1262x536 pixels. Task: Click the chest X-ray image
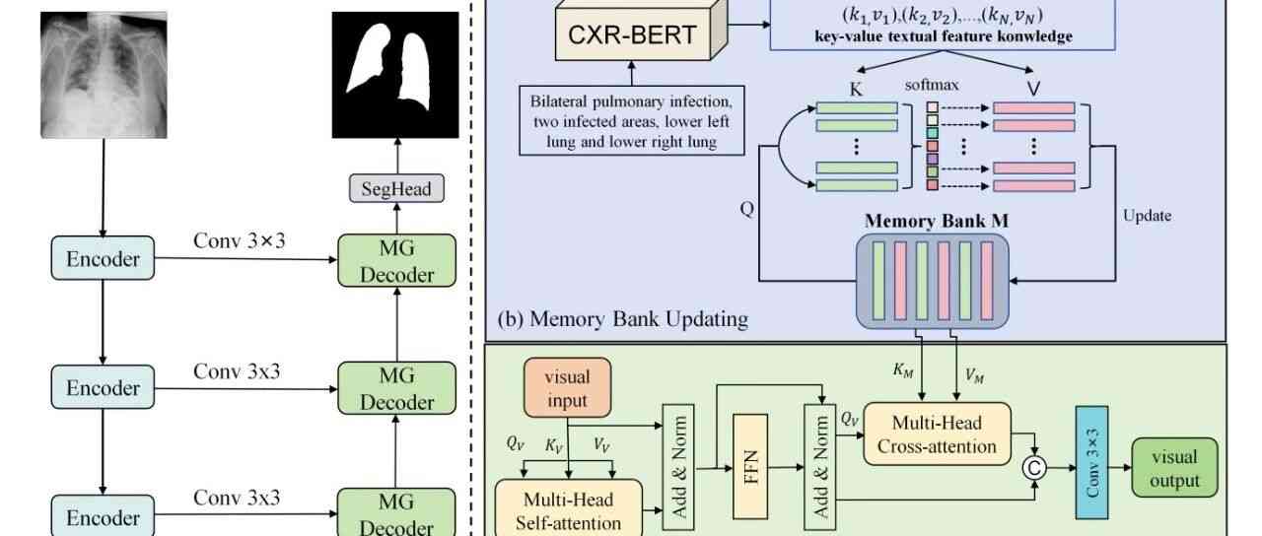coord(104,75)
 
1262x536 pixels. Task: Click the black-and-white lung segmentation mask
coord(394,75)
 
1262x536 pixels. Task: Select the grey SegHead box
coord(395,189)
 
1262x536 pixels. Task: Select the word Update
coord(1147,216)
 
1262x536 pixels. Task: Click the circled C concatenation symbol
coord(1034,468)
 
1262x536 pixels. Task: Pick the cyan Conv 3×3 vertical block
coord(1091,462)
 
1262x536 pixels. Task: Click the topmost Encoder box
coord(103,259)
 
